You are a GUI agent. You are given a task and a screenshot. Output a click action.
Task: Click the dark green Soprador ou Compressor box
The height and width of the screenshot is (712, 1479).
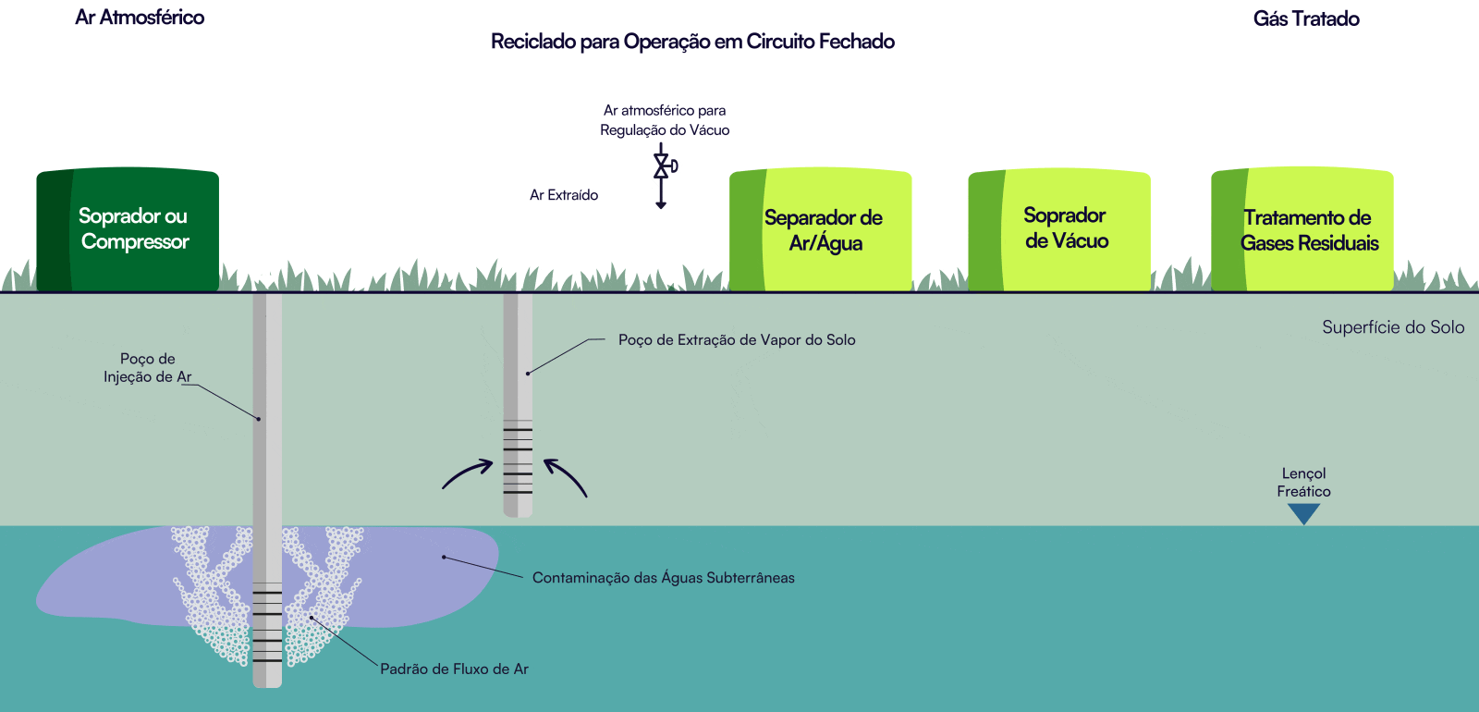(128, 229)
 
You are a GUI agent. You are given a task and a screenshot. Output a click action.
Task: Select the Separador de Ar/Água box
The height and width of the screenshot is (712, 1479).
(821, 230)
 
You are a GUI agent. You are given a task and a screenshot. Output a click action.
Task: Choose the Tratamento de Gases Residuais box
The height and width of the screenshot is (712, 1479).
(1303, 230)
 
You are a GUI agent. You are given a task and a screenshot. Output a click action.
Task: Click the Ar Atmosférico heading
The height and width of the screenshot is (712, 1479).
(140, 18)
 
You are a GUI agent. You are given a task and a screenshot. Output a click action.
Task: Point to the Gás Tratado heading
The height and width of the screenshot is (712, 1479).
(1305, 19)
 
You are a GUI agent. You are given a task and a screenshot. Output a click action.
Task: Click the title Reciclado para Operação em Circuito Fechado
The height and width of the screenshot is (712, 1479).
(692, 42)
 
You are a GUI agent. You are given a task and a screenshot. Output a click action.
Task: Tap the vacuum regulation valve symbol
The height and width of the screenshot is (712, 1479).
(663, 166)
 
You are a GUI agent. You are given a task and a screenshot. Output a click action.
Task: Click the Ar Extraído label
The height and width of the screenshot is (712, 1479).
(563, 195)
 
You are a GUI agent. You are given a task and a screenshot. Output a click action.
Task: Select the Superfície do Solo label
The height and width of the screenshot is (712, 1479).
(1392, 327)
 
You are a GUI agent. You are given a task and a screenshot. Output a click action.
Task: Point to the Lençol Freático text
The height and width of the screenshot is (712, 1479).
(1303, 483)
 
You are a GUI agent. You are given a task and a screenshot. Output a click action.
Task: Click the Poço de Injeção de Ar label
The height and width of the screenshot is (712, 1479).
(147, 368)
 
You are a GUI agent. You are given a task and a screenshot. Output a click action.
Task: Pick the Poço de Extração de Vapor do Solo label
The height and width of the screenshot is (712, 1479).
(737, 340)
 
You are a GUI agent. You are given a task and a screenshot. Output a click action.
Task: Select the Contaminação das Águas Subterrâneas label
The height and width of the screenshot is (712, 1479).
(663, 578)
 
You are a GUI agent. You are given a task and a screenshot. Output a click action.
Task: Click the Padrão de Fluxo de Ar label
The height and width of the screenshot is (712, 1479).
(454, 669)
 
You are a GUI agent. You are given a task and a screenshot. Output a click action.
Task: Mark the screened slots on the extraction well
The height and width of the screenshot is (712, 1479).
(518, 457)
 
